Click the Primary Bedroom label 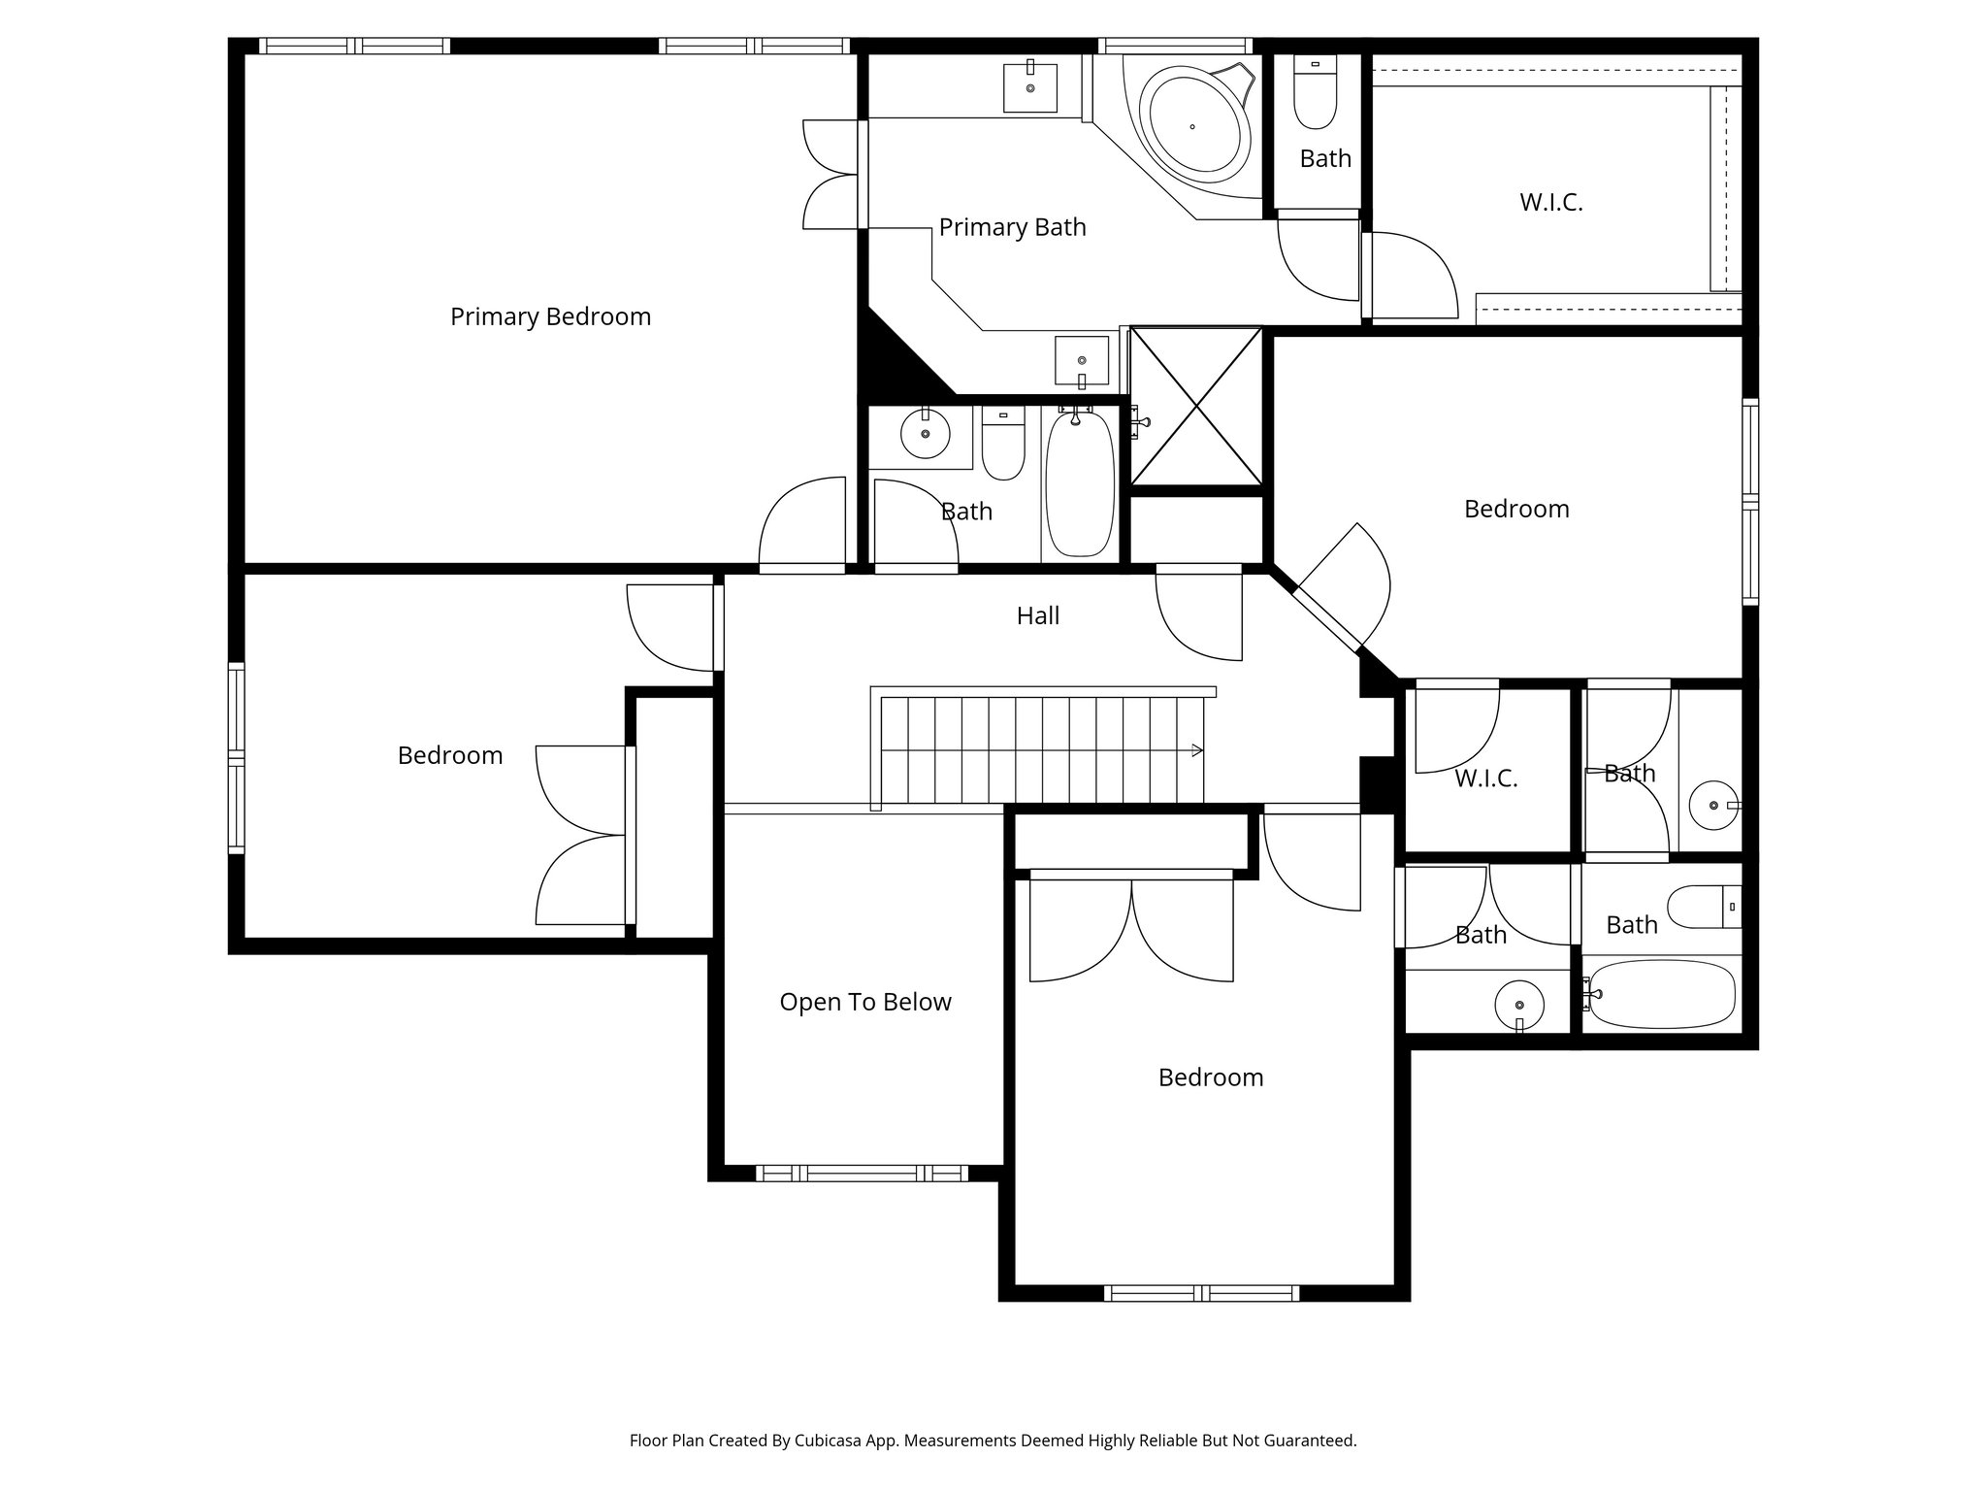(x=550, y=316)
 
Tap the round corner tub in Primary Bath (x=1192, y=126)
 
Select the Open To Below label (x=865, y=1002)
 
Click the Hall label (x=1037, y=615)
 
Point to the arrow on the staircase (x=1197, y=750)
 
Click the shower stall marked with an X (x=1197, y=406)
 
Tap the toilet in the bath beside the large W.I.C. (x=1316, y=95)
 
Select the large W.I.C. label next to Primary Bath (x=1550, y=203)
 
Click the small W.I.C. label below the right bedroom (x=1485, y=779)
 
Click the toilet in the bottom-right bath (x=1703, y=908)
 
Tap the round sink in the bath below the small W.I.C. (x=1519, y=1005)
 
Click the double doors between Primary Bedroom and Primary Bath (x=832, y=175)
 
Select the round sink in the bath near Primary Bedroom (x=925, y=434)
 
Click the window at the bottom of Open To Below (x=862, y=1173)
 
